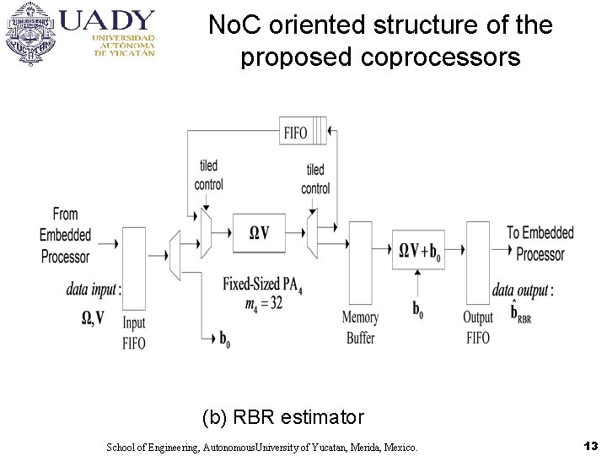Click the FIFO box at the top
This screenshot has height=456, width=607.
[303, 133]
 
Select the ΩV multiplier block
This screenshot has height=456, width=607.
[259, 232]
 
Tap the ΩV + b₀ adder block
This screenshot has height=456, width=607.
[419, 250]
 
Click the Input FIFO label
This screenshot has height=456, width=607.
[134, 333]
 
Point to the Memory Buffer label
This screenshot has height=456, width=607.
[360, 328]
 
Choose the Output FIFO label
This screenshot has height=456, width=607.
[477, 328]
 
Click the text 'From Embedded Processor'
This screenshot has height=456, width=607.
[64, 236]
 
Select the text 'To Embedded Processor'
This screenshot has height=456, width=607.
[540, 242]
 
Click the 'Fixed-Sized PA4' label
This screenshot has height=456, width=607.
[262, 285]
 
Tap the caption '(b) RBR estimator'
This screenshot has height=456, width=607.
[283, 416]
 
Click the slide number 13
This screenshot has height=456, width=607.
[590, 445]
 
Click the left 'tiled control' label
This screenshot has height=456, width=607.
[208, 175]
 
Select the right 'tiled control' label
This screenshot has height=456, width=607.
[315, 180]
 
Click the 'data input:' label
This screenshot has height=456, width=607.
[94, 290]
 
